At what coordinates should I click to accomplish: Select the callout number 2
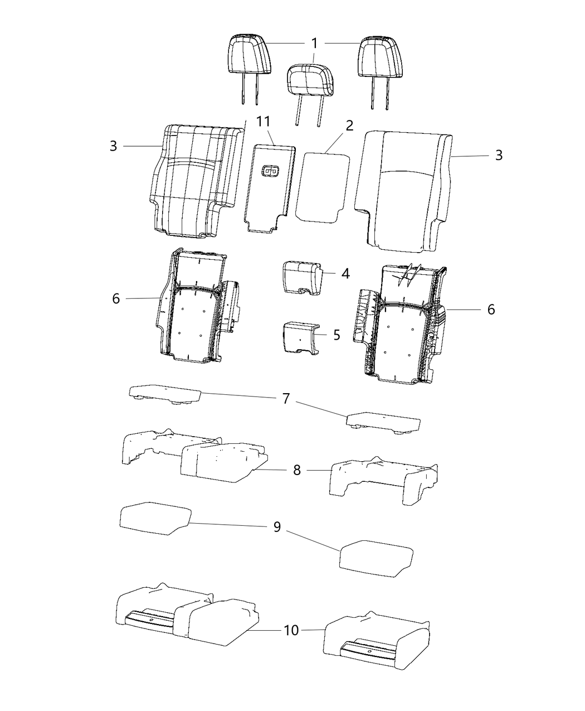pos(349,125)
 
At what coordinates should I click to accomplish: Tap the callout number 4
pos(345,274)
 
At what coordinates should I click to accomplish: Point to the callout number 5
pos(337,335)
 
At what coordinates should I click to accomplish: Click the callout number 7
pos(286,399)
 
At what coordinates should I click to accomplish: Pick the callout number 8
pos(297,470)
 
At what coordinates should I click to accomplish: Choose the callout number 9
pos(277,527)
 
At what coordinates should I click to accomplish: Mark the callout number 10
pos(291,630)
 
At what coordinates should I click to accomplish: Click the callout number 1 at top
pos(315,43)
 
